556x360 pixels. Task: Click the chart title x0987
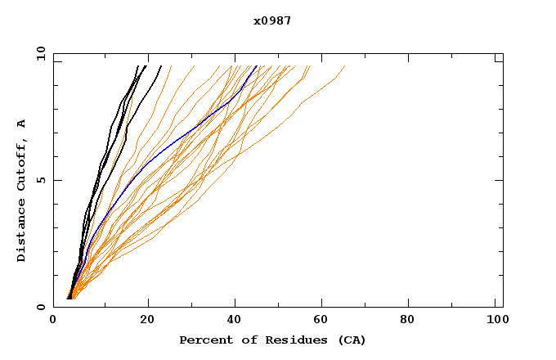point(272,21)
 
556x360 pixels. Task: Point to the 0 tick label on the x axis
point(53,322)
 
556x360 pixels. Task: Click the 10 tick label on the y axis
point(40,53)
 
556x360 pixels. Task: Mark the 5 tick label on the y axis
point(40,180)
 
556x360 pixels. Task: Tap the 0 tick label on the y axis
point(40,307)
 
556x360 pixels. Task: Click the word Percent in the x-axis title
point(202,340)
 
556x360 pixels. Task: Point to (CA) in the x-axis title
point(352,340)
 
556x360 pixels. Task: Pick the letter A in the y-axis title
point(21,124)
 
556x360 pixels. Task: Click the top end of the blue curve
point(257,65)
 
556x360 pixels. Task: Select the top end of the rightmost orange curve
point(344,65)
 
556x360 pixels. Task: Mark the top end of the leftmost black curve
point(137,65)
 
